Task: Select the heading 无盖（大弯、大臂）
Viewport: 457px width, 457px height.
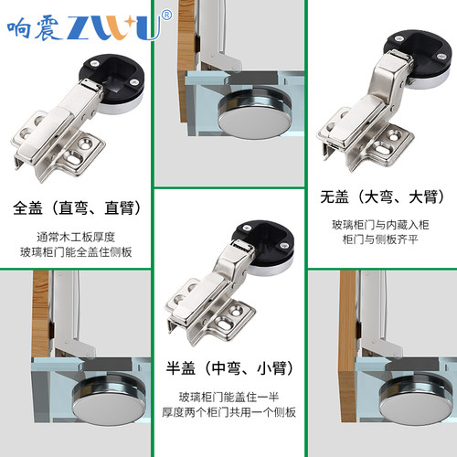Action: [x=382, y=197]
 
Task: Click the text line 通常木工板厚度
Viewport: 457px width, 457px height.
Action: [x=76, y=234]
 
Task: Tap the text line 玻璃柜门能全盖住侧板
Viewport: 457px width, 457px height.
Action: [x=76, y=251]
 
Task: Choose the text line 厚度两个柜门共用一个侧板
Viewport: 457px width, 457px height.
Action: [x=228, y=414]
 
